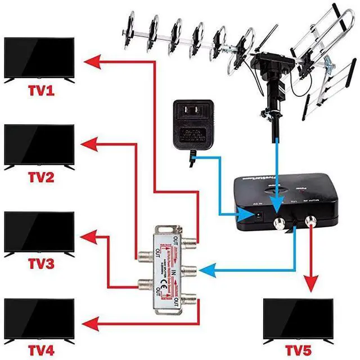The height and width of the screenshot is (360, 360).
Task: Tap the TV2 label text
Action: click(40, 178)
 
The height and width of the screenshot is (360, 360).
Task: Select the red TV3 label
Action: click(40, 264)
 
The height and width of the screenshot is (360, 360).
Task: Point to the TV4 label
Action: click(40, 351)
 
